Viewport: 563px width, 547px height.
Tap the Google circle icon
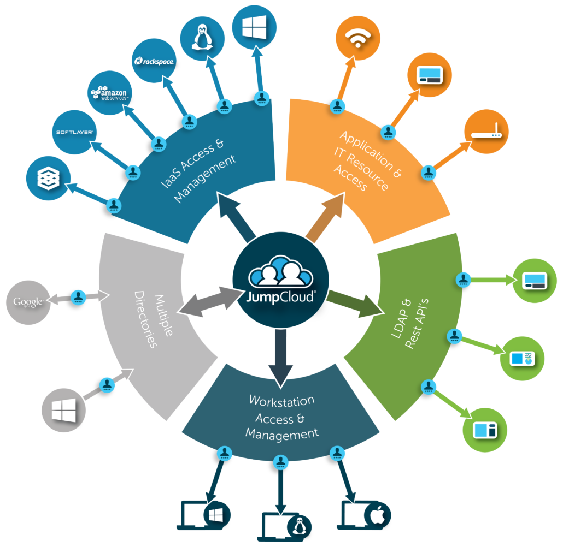(28, 302)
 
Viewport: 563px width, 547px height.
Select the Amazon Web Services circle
(109, 93)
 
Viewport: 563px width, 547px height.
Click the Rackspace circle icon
(154, 61)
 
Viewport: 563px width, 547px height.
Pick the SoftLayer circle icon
(74, 132)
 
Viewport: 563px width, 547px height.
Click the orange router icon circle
(486, 132)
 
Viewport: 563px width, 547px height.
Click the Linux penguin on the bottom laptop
(298, 526)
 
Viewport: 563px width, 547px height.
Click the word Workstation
(281, 401)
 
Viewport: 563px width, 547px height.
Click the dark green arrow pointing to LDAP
(355, 303)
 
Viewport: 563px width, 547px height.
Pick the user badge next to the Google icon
(79, 297)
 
